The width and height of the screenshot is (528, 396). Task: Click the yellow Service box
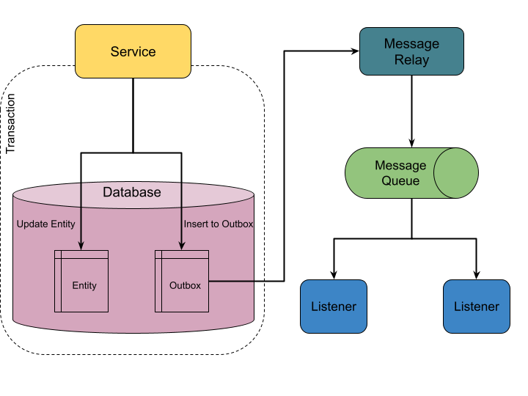[x=133, y=51]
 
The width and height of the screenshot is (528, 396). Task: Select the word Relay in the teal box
[x=411, y=60]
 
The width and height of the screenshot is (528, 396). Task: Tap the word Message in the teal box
[x=411, y=44]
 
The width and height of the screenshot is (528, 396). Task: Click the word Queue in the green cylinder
[x=400, y=181]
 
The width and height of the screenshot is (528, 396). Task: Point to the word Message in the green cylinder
[x=400, y=166]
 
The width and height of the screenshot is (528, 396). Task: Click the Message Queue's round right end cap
[x=456, y=173]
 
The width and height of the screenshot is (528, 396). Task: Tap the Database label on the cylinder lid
[x=131, y=192]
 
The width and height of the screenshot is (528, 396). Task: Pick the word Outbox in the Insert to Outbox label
[x=237, y=224]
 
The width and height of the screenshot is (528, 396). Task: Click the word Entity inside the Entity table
[x=84, y=285]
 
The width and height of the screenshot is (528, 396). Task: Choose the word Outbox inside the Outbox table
[x=185, y=285]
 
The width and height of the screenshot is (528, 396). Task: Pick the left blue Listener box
[x=334, y=307]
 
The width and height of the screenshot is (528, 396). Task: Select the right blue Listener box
[x=476, y=307]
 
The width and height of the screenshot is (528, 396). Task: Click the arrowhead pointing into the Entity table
[x=81, y=246]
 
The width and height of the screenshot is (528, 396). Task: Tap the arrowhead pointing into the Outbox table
[x=181, y=246]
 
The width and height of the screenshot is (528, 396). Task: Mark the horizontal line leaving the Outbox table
[x=231, y=280]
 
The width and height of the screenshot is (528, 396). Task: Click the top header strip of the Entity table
[x=81, y=254]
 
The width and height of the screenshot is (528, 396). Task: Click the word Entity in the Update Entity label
[x=62, y=224]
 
